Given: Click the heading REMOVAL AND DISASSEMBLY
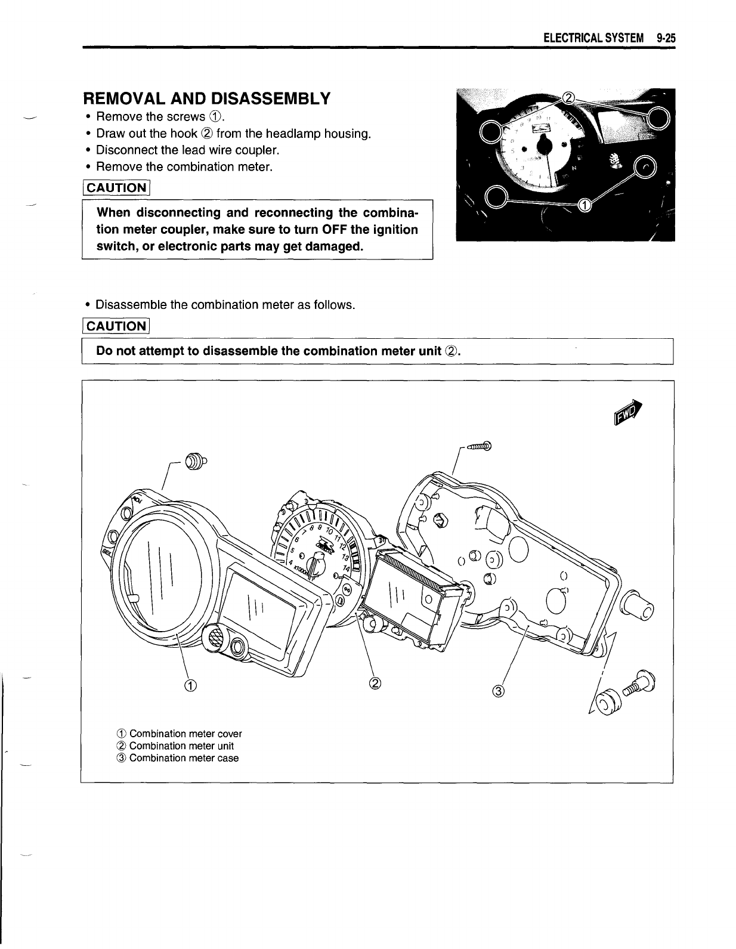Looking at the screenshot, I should pos(206,98).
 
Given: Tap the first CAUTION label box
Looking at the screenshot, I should pos(116,188).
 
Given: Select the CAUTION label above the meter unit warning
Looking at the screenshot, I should pos(116,326).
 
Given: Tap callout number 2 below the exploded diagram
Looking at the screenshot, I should pos(375,683).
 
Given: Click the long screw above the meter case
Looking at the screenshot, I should pos(478,446).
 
